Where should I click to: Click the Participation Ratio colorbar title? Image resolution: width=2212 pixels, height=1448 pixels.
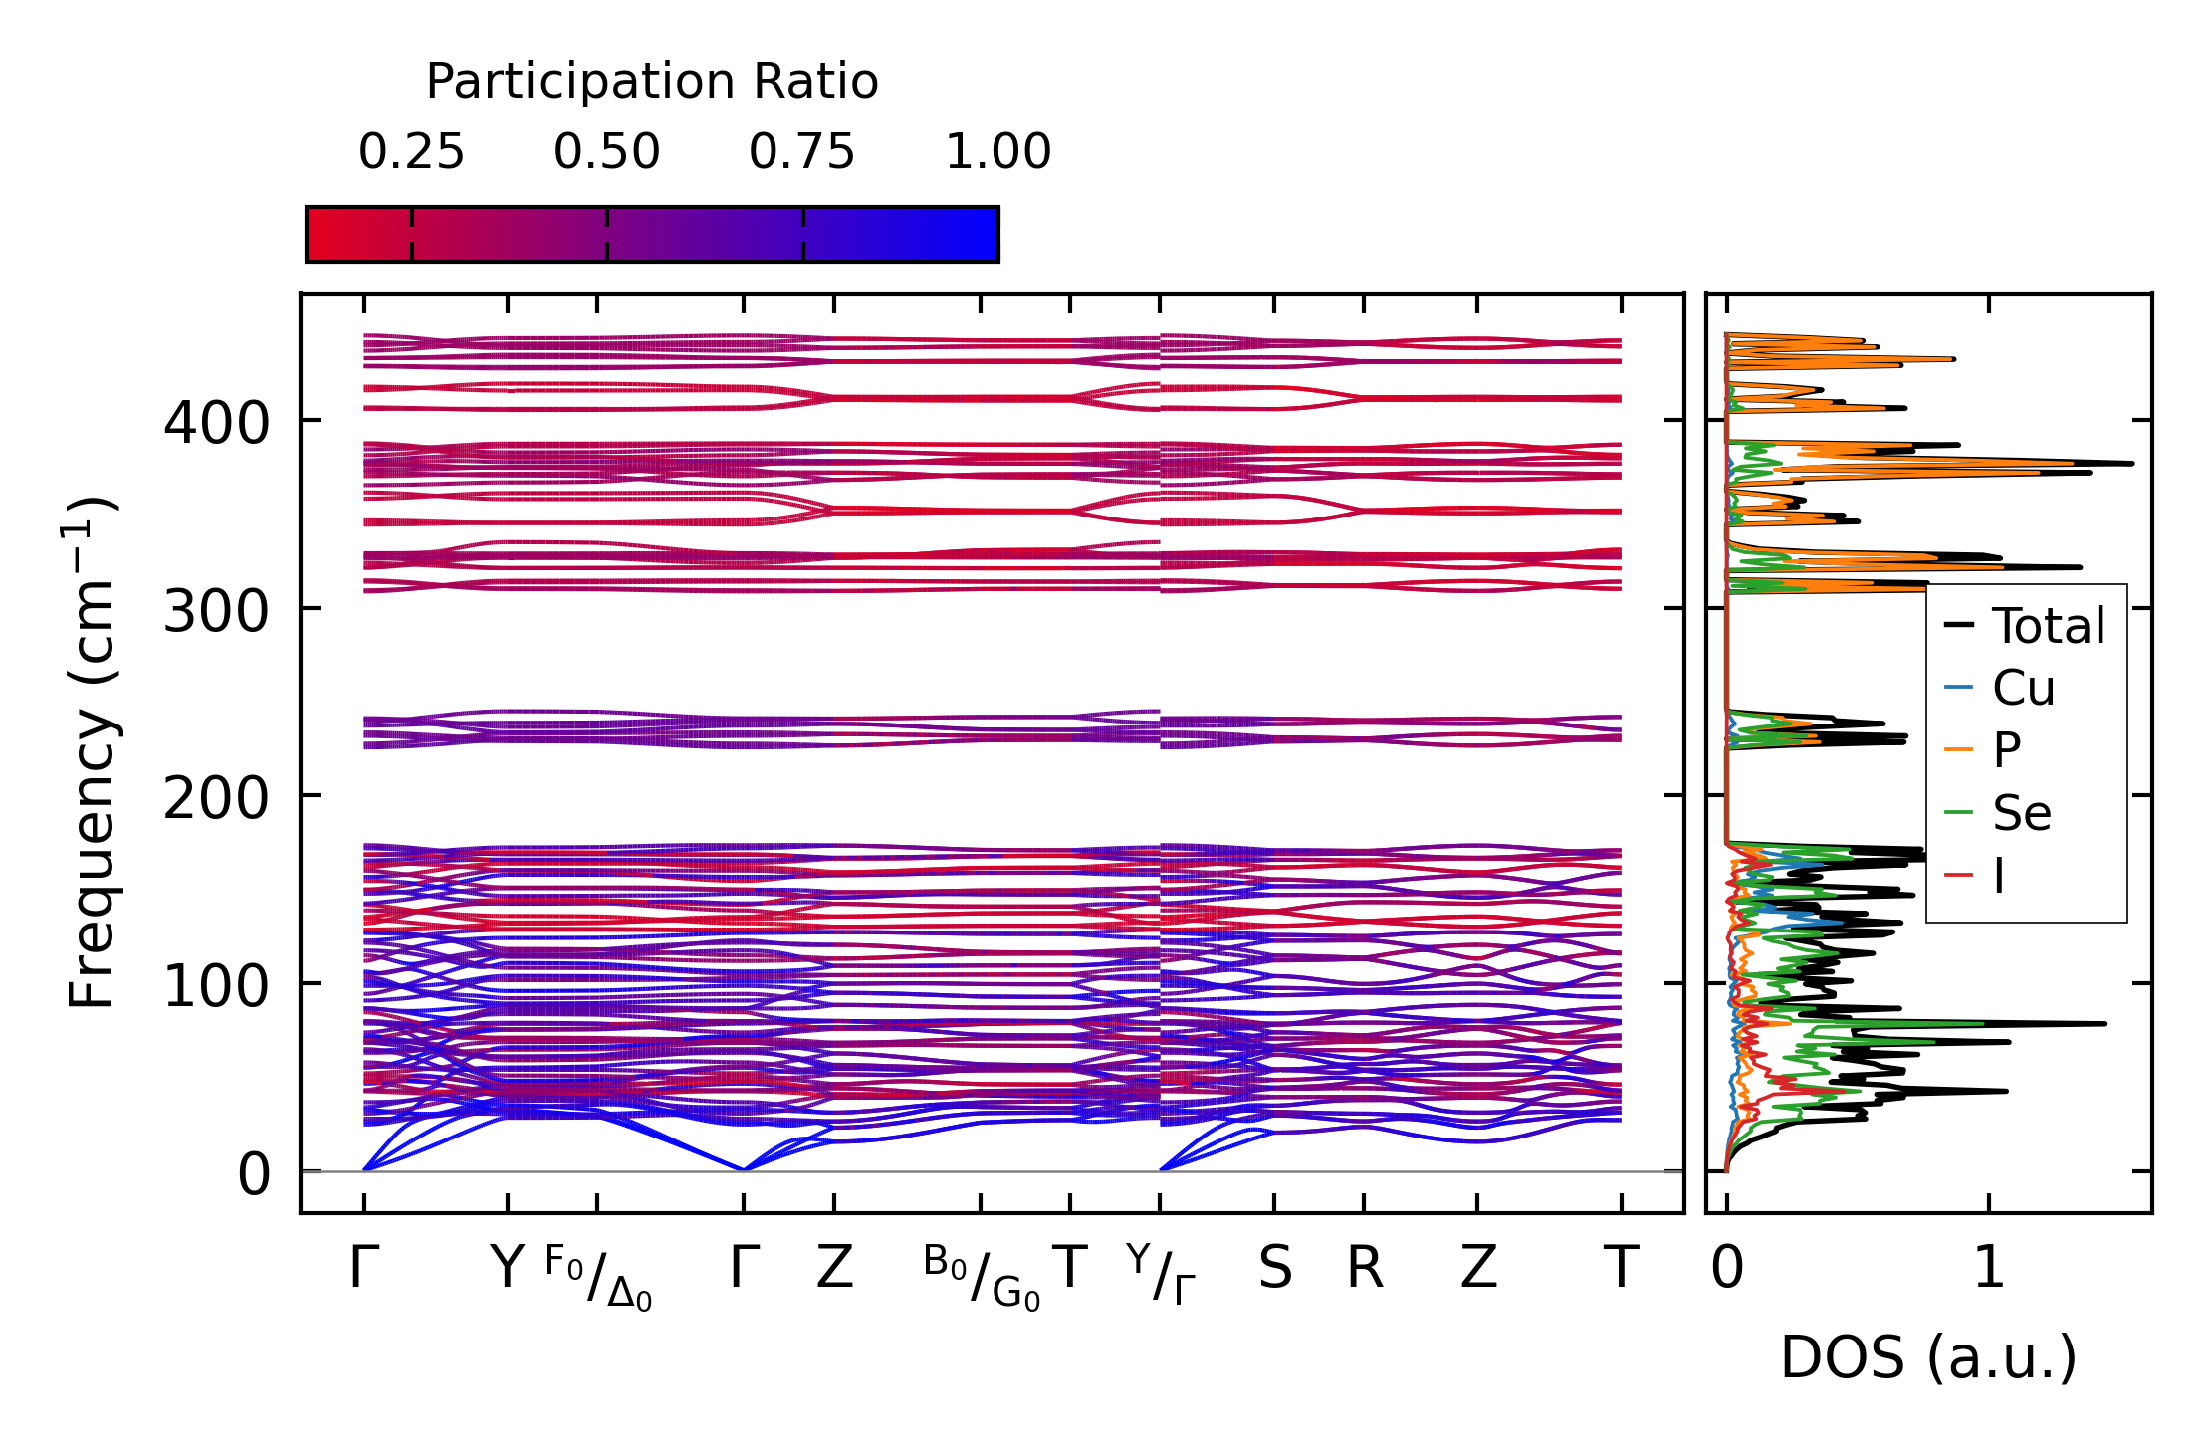coord(652,82)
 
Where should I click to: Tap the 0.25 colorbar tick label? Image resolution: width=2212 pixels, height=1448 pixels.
coord(411,152)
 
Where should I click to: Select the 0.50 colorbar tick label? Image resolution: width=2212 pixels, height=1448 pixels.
coord(606,152)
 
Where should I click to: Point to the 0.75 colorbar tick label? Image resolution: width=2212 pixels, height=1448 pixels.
coord(801,152)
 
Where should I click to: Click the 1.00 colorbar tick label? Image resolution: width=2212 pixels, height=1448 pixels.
coord(997,152)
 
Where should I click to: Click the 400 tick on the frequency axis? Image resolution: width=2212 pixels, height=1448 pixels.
coord(216,423)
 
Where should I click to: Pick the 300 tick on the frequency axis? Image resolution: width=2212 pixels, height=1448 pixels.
coord(216,611)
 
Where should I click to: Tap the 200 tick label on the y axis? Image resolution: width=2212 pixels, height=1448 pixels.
coord(216,798)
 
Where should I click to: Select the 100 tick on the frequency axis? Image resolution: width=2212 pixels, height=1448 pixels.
coord(216,986)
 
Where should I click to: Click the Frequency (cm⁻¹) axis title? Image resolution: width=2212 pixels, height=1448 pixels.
coord(93,752)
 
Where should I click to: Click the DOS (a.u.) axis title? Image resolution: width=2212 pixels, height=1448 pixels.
coord(1928,1357)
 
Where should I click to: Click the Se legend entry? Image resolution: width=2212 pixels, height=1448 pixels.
coord(2021,813)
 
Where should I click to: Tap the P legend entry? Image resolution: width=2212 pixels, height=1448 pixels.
coord(2007,750)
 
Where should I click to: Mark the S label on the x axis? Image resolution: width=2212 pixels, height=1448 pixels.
coord(1274,1269)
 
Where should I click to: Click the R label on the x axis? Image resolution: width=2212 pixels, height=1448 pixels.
coord(1365,1269)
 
